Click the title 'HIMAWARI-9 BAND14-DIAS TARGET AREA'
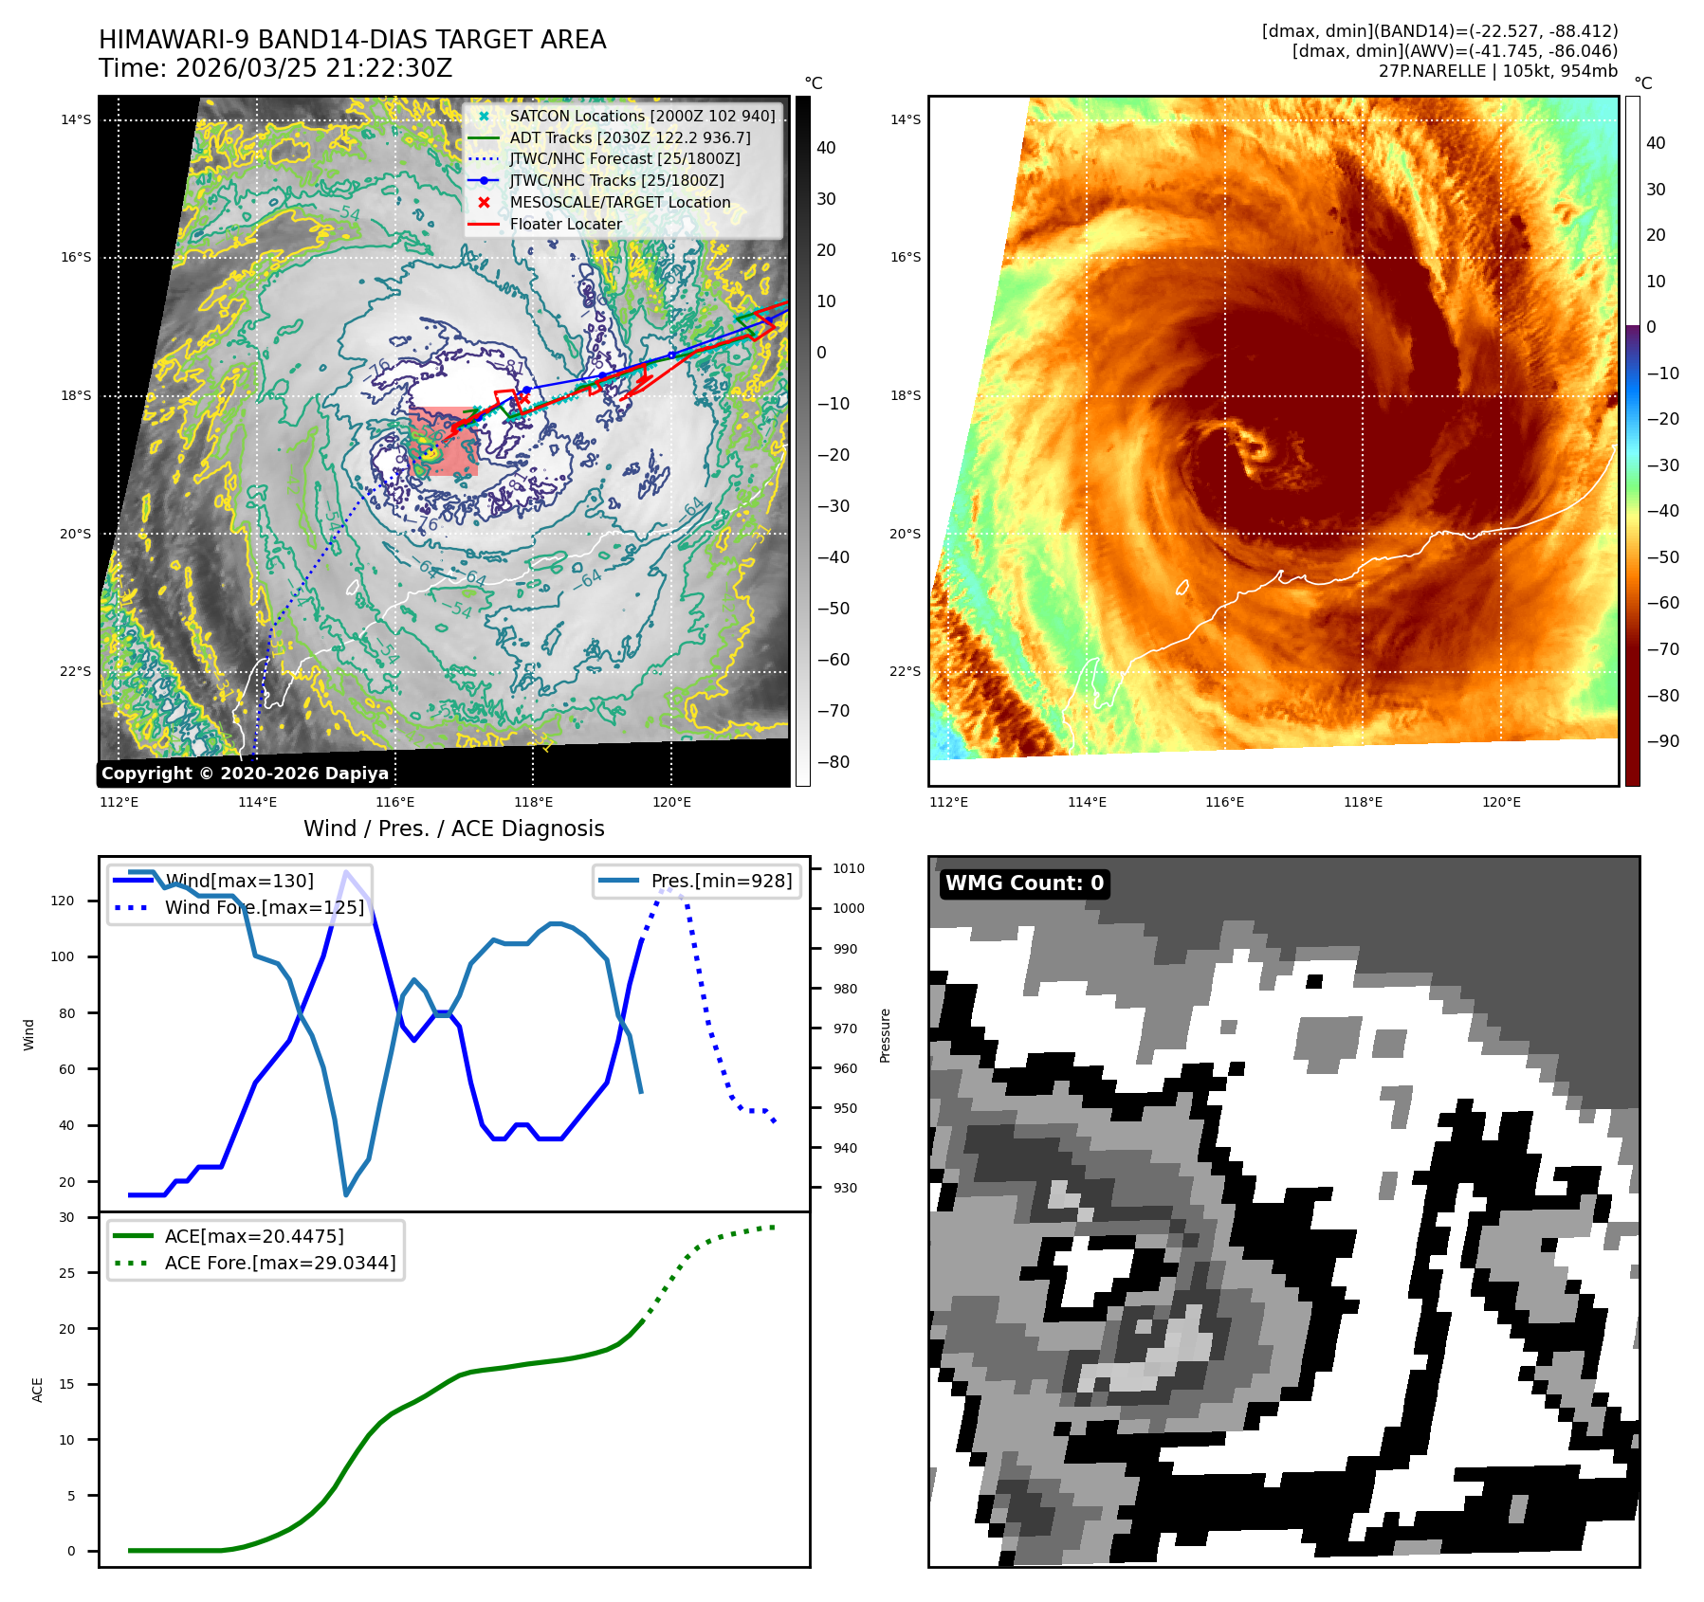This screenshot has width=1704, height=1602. pos(352,40)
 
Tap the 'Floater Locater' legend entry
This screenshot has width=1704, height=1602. pos(566,224)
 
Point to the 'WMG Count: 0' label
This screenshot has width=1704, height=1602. pos(1024,883)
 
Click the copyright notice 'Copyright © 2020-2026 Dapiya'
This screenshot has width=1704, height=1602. pos(245,774)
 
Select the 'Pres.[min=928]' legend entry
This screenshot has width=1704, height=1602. pos(721,881)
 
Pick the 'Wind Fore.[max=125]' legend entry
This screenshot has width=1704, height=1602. pos(264,907)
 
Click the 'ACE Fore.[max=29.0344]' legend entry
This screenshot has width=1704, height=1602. pos(280,1263)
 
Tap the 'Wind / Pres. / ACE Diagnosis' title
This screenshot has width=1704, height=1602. pos(453,828)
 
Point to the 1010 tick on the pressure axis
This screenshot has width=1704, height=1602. pos(848,868)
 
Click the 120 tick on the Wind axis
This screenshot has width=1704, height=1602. pos(63,901)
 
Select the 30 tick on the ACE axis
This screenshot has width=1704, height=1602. pos(66,1217)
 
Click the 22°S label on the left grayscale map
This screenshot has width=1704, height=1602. pos(76,671)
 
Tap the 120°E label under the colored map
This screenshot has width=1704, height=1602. pos(1501,802)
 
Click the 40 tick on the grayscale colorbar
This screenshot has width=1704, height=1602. pos(826,148)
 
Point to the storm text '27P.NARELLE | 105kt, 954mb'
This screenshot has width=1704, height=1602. pos(1497,71)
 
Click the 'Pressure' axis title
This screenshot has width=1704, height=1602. pos(885,1035)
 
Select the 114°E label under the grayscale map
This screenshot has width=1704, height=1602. pos(257,802)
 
